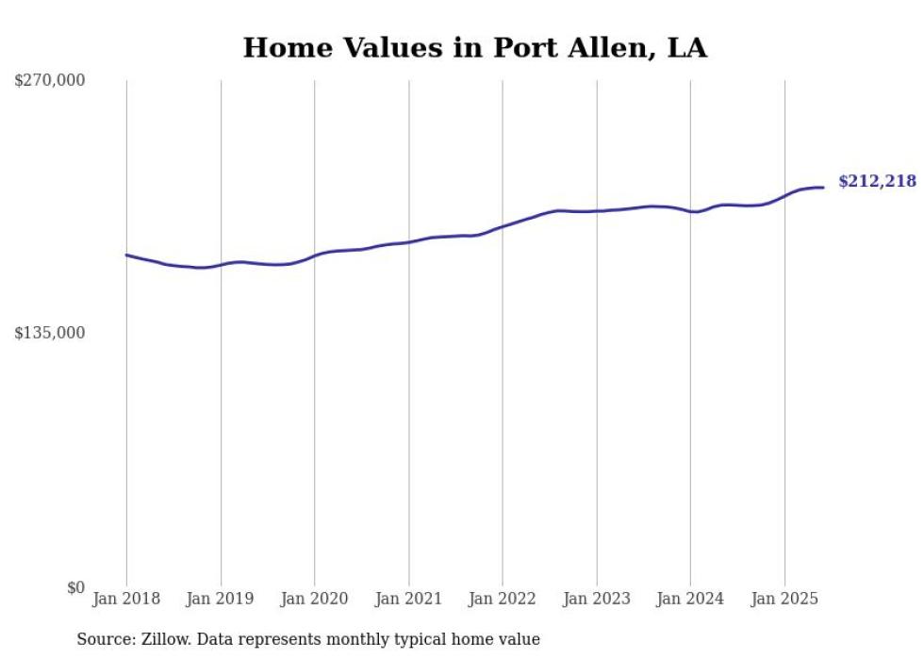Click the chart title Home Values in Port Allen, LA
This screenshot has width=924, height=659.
pos(474,48)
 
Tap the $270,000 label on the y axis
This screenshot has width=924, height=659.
pos(50,81)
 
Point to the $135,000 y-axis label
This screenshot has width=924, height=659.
pos(50,333)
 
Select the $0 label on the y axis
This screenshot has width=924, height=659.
pos(75,587)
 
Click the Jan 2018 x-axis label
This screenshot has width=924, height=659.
pos(126,599)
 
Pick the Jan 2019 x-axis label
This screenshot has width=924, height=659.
pos(221,599)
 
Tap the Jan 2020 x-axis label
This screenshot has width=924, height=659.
pos(315,599)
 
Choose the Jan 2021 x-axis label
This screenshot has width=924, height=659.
pos(408,599)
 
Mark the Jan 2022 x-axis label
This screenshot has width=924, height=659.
pos(503,599)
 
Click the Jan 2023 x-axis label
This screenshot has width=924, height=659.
pos(596,599)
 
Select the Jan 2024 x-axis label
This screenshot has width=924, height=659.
pos(690,599)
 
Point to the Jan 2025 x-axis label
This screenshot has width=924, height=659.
pos(784,599)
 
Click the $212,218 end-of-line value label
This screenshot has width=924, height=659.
pos(877,181)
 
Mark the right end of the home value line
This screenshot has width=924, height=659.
pos(823,188)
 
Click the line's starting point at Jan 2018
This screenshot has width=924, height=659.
pos(126,255)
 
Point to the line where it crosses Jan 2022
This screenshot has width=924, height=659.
pos(503,226)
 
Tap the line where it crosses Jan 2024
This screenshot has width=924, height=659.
pos(690,211)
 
